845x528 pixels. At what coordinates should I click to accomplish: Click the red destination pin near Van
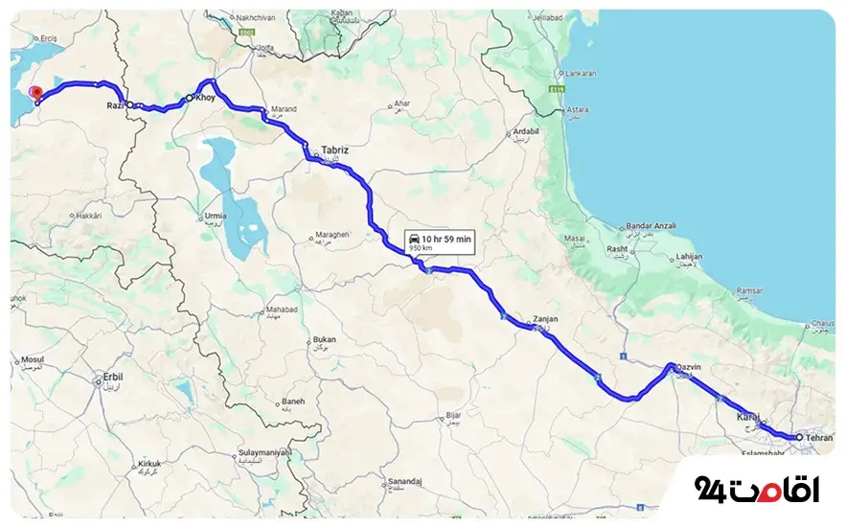click(x=36, y=92)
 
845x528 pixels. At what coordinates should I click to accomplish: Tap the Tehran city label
click(x=819, y=437)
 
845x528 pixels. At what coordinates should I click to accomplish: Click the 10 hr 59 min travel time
click(x=446, y=238)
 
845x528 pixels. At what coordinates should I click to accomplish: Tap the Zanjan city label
click(x=545, y=318)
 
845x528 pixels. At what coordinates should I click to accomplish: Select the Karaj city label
click(x=746, y=417)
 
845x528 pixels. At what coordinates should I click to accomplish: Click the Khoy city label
click(x=206, y=98)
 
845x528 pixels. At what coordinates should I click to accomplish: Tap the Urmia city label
click(x=216, y=217)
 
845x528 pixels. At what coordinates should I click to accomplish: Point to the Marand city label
click(x=285, y=108)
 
